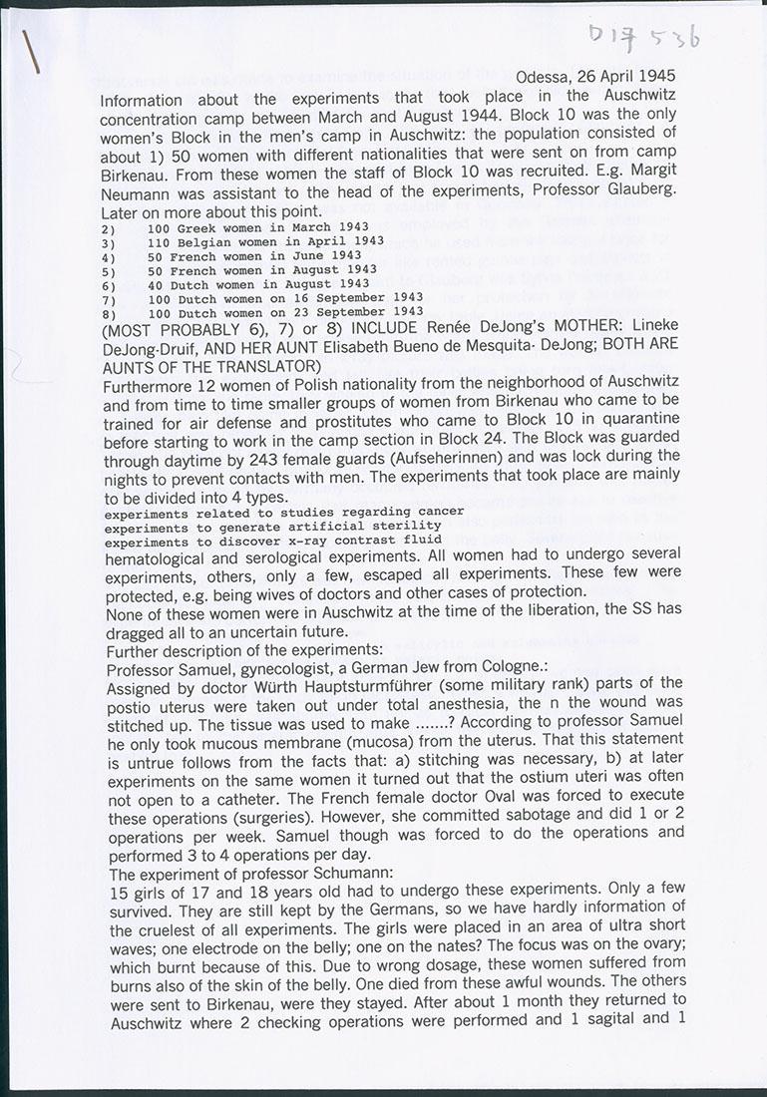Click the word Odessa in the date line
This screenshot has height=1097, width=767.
click(x=544, y=76)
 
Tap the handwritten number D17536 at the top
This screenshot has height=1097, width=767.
click(x=645, y=36)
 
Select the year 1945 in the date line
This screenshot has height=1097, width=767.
click(x=656, y=76)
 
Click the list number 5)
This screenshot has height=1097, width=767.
click(x=108, y=269)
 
